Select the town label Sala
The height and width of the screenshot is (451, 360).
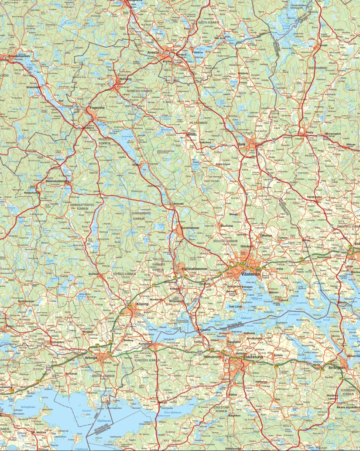coord(242,144)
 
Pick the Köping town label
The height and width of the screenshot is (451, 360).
coord(142,304)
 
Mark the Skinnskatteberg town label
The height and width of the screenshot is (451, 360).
coord(58,181)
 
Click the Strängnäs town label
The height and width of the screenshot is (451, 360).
coord(336,368)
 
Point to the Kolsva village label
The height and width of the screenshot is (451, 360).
coord(94,274)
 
